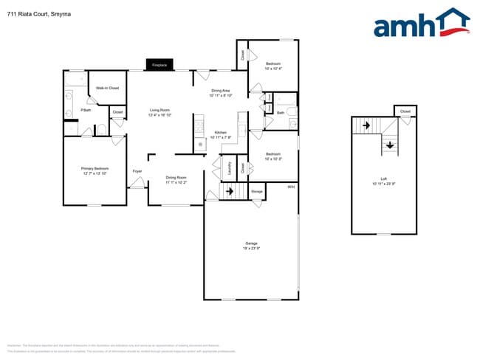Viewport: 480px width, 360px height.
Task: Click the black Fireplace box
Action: point(160,65)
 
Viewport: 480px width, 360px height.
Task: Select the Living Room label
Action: point(160,112)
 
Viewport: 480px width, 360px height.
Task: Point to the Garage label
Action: point(252,246)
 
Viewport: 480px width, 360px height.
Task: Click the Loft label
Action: point(383,179)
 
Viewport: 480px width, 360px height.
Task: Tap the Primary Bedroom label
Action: point(95,171)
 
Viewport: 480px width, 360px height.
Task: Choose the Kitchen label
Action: point(221,134)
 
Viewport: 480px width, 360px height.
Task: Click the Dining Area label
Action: point(221,92)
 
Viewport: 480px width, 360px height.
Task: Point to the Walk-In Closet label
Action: point(107,88)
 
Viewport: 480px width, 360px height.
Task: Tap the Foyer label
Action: point(137,171)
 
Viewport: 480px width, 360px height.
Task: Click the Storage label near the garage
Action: point(256,192)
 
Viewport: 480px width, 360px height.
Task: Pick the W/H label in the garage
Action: point(291,187)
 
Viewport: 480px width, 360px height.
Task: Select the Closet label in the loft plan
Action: point(405,111)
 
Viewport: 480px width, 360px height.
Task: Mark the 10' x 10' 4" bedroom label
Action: point(272,66)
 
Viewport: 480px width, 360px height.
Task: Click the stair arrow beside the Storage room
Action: point(230,192)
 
